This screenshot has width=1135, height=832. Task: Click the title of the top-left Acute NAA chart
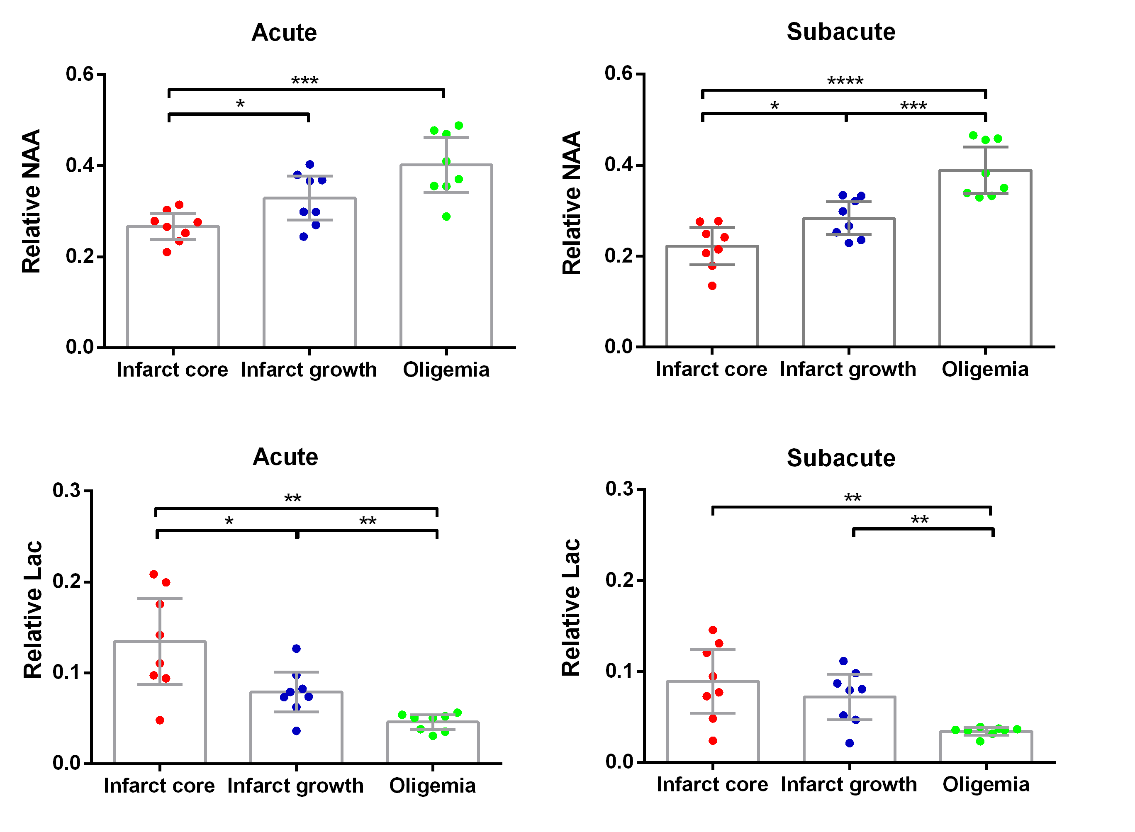(284, 33)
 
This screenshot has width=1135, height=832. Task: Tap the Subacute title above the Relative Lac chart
(841, 458)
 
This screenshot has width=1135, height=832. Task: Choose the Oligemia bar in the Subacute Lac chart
(986, 747)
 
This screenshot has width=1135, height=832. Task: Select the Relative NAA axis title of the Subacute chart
(572, 203)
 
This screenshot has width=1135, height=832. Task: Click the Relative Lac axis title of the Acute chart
(33, 609)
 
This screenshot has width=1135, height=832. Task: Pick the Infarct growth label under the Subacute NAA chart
(848, 369)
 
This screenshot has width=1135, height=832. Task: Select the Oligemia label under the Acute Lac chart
(432, 786)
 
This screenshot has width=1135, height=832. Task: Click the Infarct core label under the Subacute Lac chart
(712, 785)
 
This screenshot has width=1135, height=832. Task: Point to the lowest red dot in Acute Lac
(160, 720)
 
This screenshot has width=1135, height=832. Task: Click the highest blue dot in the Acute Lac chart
(296, 649)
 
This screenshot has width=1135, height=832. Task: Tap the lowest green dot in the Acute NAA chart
(446, 217)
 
